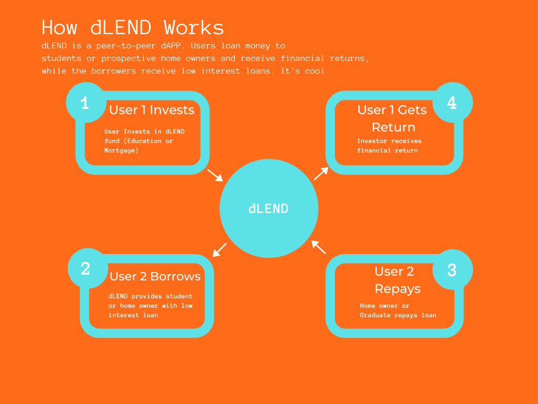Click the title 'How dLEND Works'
click(x=133, y=27)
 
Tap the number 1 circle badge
click(x=85, y=103)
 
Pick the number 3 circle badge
click(x=452, y=270)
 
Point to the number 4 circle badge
click(x=452, y=103)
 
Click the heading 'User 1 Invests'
click(x=152, y=110)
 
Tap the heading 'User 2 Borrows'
click(x=155, y=276)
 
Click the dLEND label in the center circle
click(x=268, y=208)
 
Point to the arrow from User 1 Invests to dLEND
click(x=215, y=175)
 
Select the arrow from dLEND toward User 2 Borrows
click(x=220, y=250)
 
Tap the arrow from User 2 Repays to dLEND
click(x=318, y=247)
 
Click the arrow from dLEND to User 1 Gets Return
click(x=321, y=174)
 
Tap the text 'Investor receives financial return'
click(x=389, y=146)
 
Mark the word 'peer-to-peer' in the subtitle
click(x=123, y=46)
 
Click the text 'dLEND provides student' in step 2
click(x=150, y=296)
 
